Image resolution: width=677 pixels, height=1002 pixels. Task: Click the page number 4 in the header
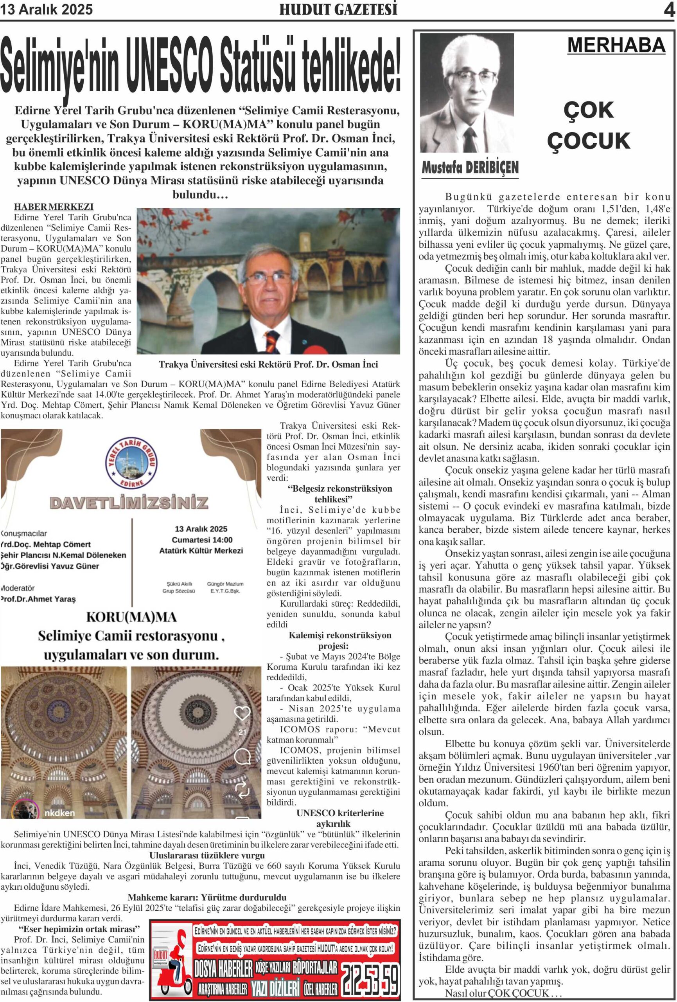668,10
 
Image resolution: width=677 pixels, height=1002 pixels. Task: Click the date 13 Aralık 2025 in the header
47,9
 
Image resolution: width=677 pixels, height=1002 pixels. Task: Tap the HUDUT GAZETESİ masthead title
338,9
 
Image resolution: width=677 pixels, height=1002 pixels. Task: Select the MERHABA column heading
616,45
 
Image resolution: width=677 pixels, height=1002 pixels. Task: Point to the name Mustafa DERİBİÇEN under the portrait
470,168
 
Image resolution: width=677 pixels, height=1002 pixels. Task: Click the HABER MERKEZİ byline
54,207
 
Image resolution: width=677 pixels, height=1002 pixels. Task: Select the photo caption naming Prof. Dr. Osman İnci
268,364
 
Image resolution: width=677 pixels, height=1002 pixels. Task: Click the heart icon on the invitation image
242,713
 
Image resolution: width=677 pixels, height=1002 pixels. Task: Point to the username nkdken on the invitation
59,813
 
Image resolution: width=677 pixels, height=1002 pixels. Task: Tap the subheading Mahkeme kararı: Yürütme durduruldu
207,897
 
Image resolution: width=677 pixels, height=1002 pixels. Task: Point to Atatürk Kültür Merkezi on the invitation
201,551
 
